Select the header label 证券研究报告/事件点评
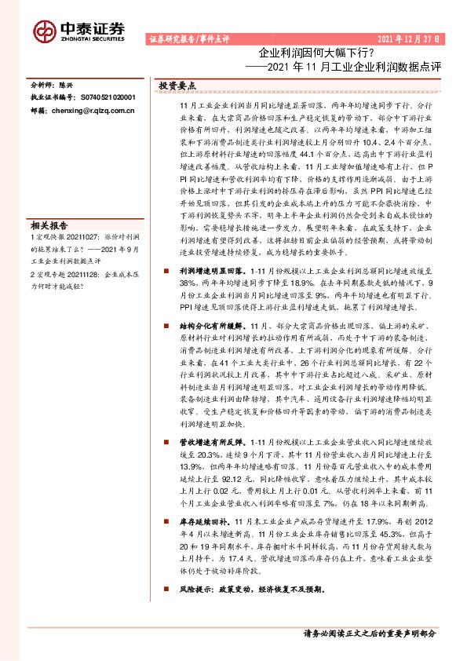(188, 38)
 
